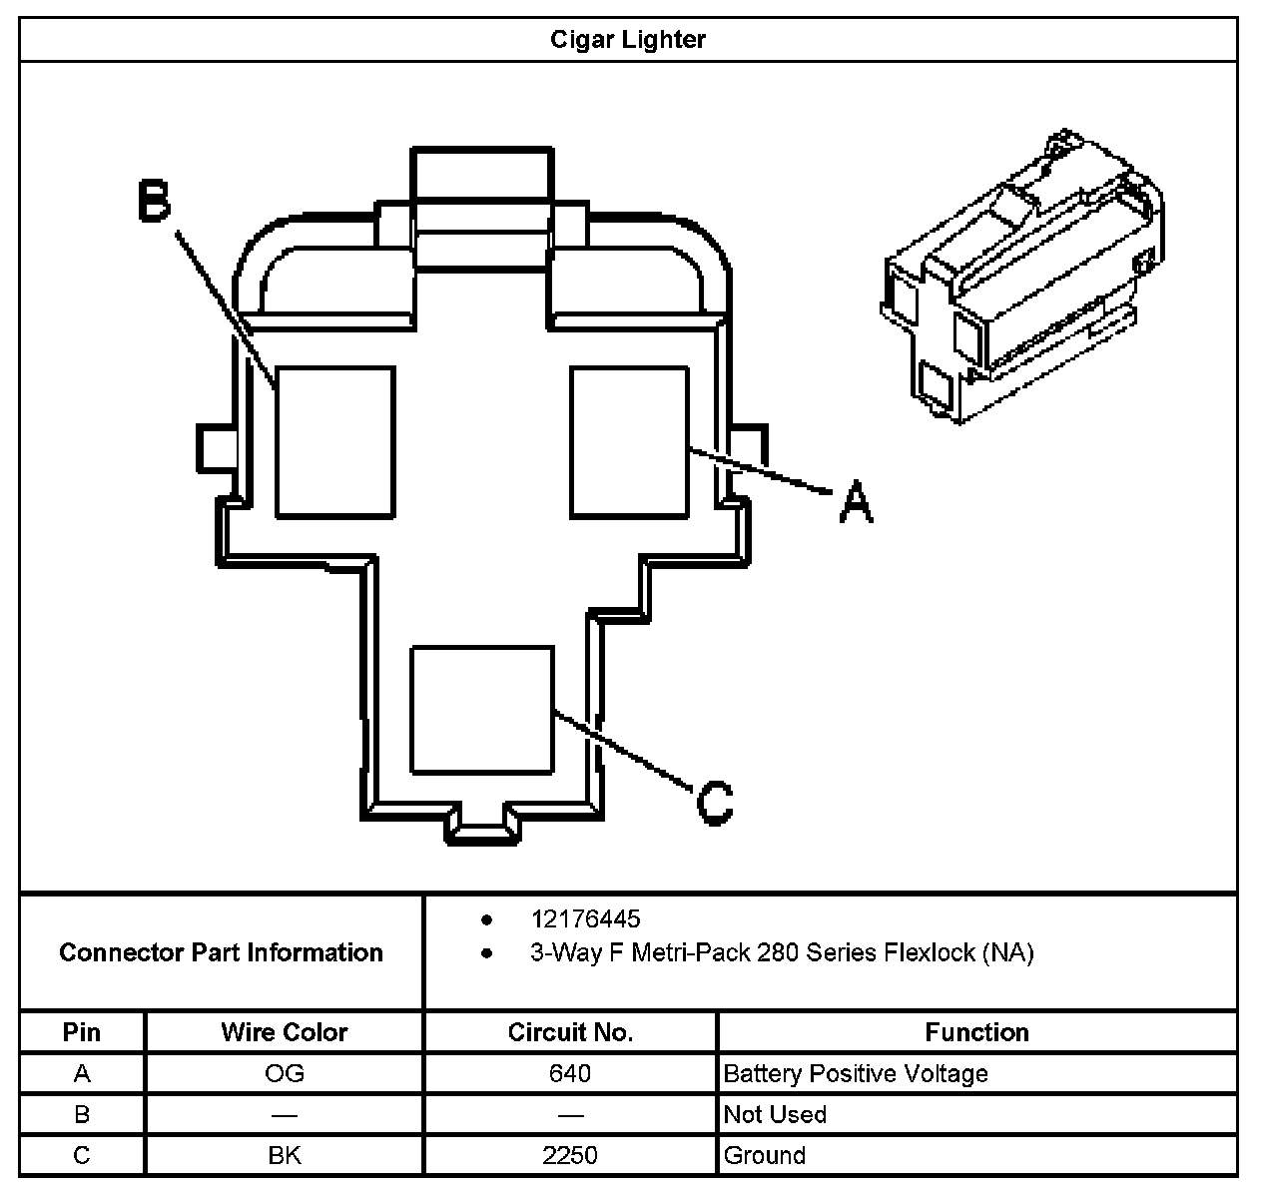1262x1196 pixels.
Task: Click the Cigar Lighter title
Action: [x=628, y=40]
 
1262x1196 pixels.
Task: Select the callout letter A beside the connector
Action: [x=856, y=501]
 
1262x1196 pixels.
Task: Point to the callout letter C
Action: [x=715, y=801]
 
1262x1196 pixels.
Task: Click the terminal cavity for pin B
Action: [x=334, y=441]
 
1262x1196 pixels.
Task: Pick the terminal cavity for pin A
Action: [x=629, y=441]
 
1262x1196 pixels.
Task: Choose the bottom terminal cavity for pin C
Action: [x=482, y=709]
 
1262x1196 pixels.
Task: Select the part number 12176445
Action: [x=585, y=918]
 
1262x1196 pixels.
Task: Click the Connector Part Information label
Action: [x=221, y=952]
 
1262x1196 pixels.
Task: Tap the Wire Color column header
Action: [x=285, y=1032]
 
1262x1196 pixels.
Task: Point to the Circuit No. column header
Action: [x=570, y=1032]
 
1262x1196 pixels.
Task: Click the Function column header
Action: [x=976, y=1032]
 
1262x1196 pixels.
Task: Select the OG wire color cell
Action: [x=285, y=1073]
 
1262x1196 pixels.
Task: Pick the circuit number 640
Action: [x=570, y=1073]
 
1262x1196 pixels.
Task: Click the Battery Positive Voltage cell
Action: [x=856, y=1073]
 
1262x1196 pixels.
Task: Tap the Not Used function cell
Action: [x=775, y=1114]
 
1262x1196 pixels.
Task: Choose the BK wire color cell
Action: [x=285, y=1155]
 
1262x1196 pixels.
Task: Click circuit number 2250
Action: [x=570, y=1155]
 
